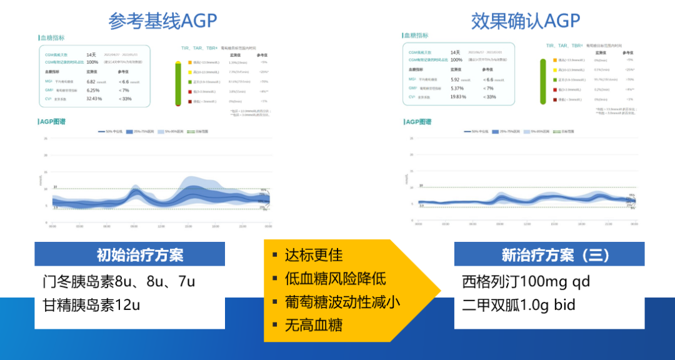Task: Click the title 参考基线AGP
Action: [x=163, y=21]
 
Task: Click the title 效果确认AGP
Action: [x=526, y=21]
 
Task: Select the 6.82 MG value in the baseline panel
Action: [x=91, y=81]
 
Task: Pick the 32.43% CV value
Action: [x=94, y=98]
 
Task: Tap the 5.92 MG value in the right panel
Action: [x=455, y=79]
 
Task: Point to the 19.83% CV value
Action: [x=459, y=97]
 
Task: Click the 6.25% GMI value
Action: [x=92, y=90]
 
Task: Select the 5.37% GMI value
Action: [x=457, y=88]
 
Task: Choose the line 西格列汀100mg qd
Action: [x=526, y=281]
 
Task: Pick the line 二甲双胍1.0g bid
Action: [x=520, y=305]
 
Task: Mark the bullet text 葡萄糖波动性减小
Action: [x=342, y=301]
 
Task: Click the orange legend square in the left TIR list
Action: [x=189, y=62]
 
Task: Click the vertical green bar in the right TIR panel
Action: [x=544, y=81]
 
